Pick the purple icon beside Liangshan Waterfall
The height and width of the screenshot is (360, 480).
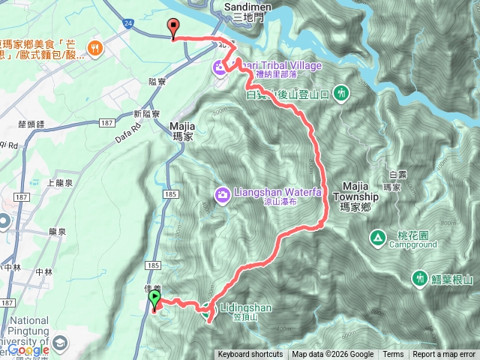(222, 195)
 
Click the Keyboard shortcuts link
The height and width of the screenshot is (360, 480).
(250, 355)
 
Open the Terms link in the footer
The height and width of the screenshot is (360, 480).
(393, 355)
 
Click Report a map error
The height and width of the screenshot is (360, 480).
(444, 355)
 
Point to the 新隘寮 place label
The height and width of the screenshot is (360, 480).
(147, 113)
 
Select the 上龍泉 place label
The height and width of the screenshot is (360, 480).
(59, 183)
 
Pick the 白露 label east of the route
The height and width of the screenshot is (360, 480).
(397, 175)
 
